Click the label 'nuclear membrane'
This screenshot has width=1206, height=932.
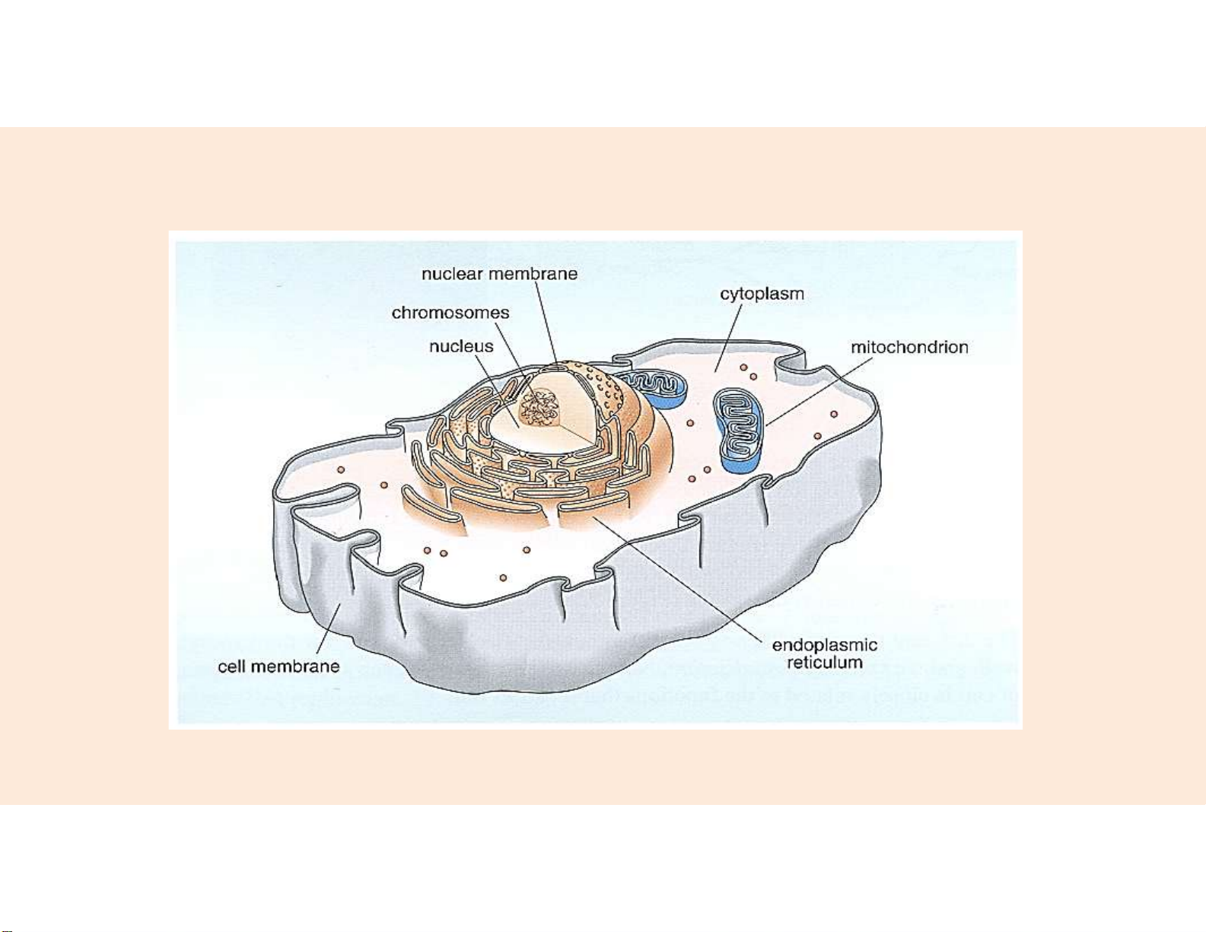(500, 274)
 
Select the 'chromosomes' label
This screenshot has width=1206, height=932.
(450, 313)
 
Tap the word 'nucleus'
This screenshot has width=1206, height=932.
(461, 347)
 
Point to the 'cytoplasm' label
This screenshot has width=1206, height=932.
(762, 294)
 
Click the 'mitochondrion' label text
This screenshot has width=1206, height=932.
(909, 348)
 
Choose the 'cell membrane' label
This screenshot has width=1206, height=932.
(278, 667)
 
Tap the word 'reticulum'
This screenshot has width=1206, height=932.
(825, 663)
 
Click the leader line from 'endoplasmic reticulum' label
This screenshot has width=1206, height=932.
(685, 578)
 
